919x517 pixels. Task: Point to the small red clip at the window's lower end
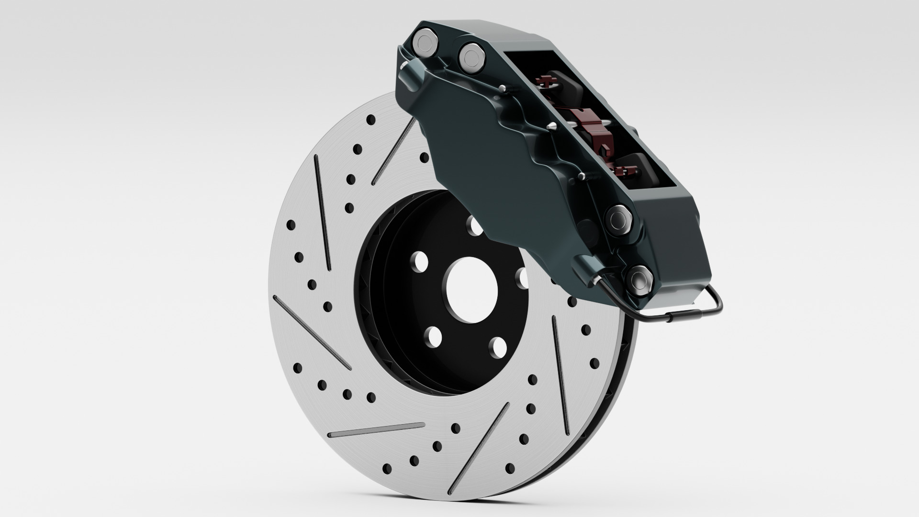click(x=625, y=170)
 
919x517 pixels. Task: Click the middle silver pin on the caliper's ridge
click(x=552, y=126)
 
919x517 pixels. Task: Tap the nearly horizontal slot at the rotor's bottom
click(x=376, y=430)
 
